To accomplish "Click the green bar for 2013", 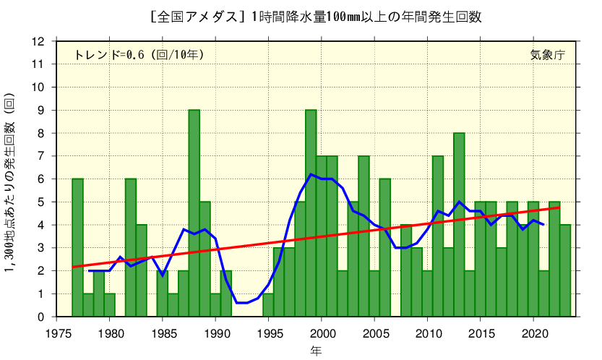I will tap(459, 225).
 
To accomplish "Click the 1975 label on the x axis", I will tap(57, 333).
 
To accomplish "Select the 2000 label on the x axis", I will tap(322, 333).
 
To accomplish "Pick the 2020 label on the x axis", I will tap(533, 333).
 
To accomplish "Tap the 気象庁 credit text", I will tap(547, 54).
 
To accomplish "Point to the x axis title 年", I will tap(316, 351).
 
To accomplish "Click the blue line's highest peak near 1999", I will tap(311, 174).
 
